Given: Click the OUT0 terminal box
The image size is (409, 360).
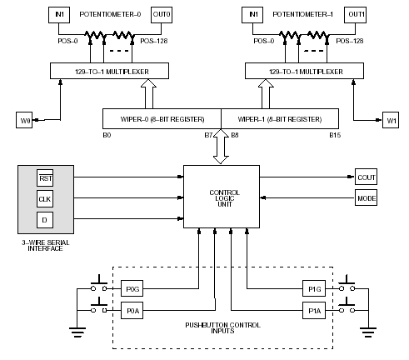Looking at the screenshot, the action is (x=162, y=15).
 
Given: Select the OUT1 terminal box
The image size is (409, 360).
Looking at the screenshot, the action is (x=355, y=15).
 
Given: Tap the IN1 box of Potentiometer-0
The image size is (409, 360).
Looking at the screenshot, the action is (x=59, y=15).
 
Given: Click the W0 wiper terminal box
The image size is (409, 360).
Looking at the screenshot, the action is (x=24, y=120).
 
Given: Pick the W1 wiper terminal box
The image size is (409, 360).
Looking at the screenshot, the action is (x=391, y=120).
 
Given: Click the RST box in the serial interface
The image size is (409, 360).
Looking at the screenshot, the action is (x=45, y=178).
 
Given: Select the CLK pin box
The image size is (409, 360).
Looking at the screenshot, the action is (x=45, y=199).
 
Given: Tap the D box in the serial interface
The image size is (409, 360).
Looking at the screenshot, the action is (x=45, y=220).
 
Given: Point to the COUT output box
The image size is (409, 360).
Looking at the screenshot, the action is (x=366, y=177).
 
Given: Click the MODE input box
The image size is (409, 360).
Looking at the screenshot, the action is (x=366, y=197).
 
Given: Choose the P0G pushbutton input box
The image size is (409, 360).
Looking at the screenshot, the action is (x=132, y=288).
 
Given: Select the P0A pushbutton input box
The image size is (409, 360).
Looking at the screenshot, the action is (x=132, y=310).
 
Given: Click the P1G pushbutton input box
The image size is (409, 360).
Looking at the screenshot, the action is (x=314, y=288).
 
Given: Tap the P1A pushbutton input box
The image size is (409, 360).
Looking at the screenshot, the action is (x=314, y=310).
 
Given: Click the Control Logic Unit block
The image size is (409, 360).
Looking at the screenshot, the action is (x=222, y=197).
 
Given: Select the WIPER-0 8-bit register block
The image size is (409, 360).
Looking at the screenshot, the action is (x=162, y=118).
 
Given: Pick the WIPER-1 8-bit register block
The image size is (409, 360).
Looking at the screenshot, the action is (x=280, y=118).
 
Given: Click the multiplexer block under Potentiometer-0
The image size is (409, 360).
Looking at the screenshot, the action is (x=109, y=71).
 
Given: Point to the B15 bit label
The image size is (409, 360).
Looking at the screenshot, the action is (x=335, y=135).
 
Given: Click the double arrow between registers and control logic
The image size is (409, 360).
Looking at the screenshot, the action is (x=221, y=147).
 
